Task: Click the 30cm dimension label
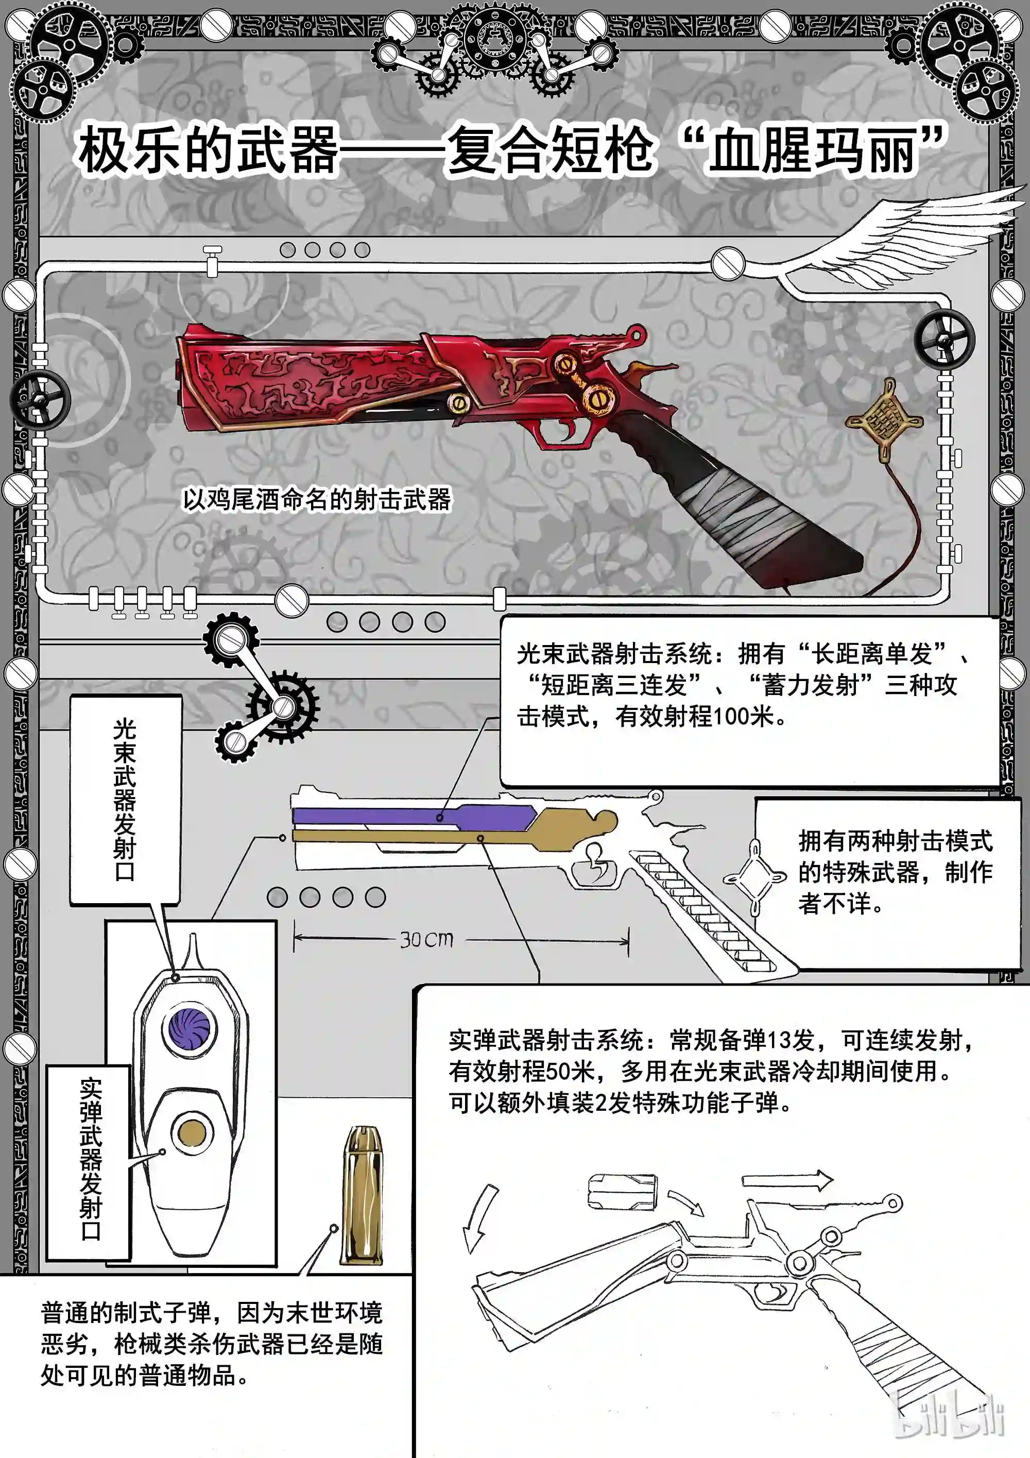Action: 426,939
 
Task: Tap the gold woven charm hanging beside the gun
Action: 884,420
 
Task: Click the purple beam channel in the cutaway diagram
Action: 413,816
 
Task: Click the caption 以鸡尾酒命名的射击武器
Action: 316,499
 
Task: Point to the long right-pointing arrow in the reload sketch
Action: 787,1180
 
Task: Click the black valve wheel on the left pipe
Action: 39,399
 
